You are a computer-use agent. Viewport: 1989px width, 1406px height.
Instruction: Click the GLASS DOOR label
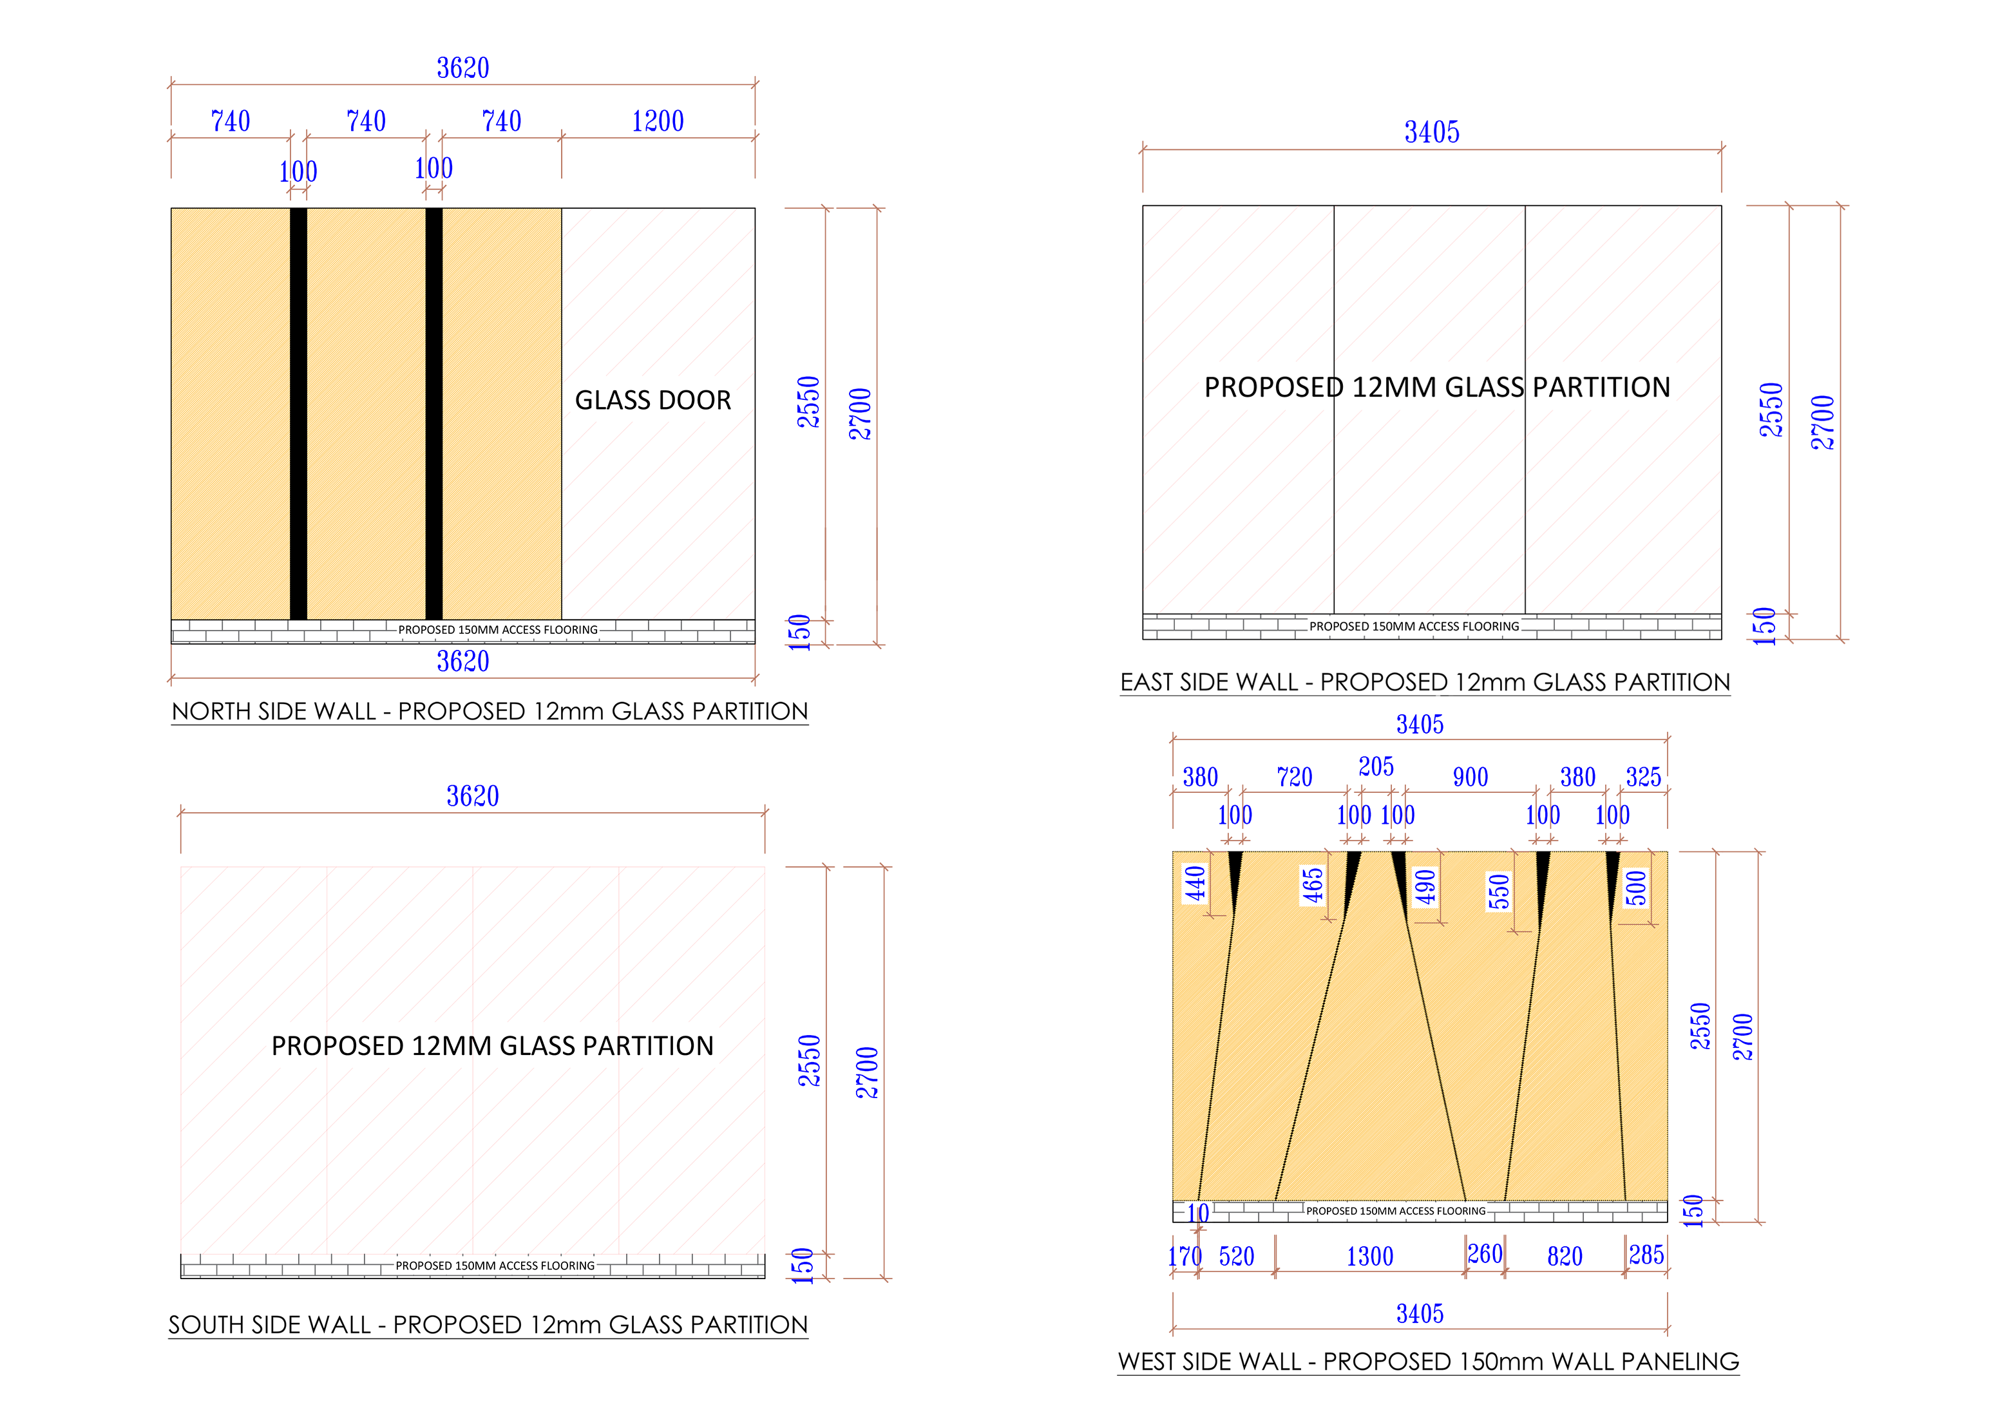pos(653,400)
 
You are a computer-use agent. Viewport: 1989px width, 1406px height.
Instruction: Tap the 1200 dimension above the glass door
pos(658,121)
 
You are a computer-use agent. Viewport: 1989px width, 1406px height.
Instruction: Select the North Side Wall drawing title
pos(490,711)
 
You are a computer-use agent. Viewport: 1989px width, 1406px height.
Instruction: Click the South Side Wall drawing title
pos(488,1325)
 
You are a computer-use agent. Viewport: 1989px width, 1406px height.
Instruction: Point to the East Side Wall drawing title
pos(1425,682)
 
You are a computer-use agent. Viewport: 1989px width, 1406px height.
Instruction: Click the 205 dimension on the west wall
pos(1376,766)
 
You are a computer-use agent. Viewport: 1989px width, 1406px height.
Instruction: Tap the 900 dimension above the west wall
pos(1470,777)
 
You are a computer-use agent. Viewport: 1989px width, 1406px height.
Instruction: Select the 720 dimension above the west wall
pos(1294,777)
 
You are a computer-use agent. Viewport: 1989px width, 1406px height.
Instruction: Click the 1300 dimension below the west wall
pos(1369,1256)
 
